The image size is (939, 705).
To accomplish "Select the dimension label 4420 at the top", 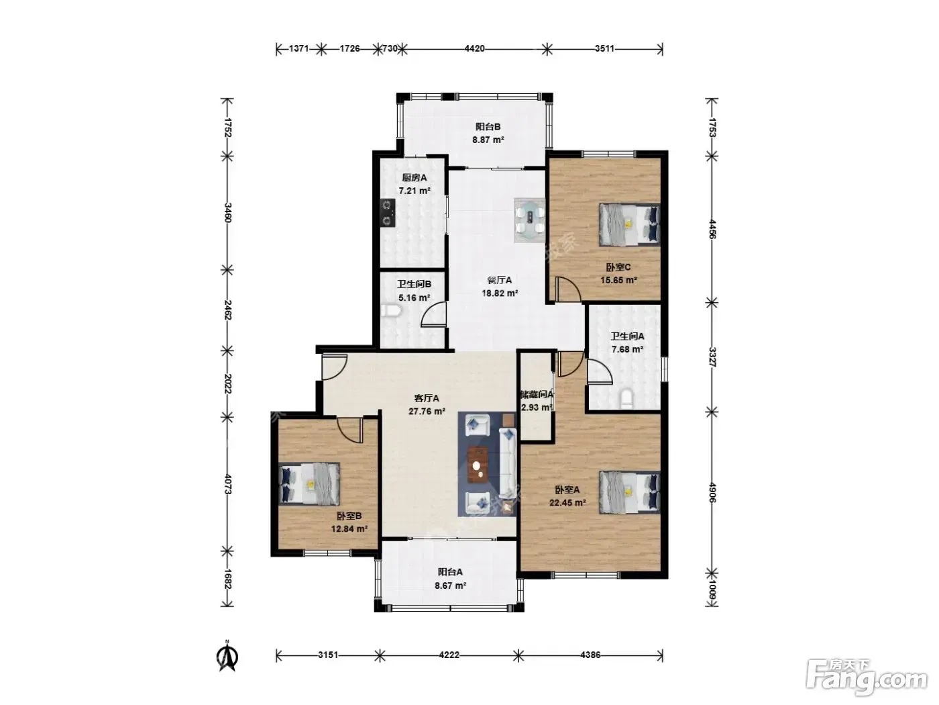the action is pos(474,49).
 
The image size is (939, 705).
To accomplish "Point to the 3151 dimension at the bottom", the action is pos(328,655).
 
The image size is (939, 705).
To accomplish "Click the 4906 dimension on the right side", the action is pos(712,492).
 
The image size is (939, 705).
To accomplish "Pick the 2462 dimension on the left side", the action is pos(227,310).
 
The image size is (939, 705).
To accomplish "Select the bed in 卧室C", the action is pos(629,225).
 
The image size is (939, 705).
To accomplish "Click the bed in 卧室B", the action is pos(309,483).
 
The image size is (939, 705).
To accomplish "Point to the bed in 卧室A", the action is pos(629,492).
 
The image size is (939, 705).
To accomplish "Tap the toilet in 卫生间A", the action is pos(626,398).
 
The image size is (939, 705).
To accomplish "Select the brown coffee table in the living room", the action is pos(478,465).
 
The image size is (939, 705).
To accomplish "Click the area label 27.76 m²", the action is pos(427,412).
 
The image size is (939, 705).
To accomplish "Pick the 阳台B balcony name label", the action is pos(488,127).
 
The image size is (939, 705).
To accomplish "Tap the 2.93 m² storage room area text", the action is pos(537,408).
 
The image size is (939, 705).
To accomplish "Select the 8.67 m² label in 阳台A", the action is pos(450,585).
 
